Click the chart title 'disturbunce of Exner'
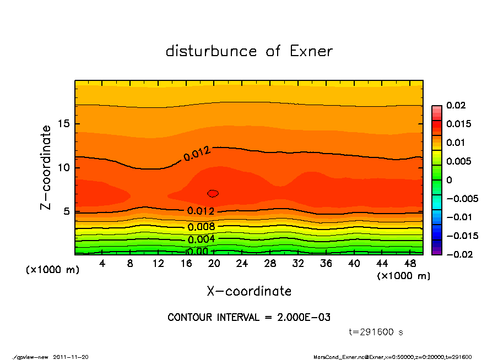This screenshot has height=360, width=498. [249, 51]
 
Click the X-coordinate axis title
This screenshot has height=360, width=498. [249, 291]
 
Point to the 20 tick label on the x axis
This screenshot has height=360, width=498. [214, 264]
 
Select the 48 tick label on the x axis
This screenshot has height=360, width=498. [410, 264]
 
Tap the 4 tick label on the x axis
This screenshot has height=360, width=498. [102, 264]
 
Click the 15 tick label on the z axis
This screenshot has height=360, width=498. [64, 124]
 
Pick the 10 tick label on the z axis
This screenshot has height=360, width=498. [64, 167]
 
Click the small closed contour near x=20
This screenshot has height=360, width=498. [213, 193]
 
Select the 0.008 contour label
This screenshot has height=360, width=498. [201, 226]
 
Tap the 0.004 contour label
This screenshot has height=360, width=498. [201, 239]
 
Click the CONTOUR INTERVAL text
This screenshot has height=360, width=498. [249, 318]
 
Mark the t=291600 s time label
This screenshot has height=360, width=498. [376, 332]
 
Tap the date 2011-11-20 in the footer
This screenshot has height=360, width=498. [71, 357]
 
